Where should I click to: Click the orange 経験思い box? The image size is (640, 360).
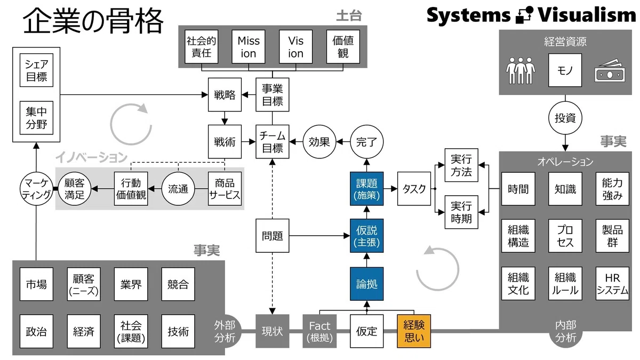(414, 331)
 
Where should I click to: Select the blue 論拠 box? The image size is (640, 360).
(366, 284)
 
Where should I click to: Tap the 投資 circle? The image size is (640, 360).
(565, 118)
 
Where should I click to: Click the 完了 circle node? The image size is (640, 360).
(366, 142)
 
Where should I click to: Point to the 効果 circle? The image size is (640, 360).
(319, 142)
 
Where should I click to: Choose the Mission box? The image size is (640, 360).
(249, 46)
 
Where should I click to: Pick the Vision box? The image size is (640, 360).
(295, 46)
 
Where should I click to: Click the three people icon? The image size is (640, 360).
(521, 70)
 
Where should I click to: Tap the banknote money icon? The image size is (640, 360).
(610, 71)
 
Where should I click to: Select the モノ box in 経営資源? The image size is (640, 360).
(565, 70)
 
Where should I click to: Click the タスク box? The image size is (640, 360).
(414, 189)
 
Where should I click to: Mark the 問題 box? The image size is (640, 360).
(273, 236)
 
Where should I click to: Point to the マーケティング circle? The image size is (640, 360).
(36, 189)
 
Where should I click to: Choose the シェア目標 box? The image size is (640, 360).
(36, 70)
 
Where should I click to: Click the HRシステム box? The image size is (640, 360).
(612, 283)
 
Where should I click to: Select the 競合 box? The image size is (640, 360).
(178, 284)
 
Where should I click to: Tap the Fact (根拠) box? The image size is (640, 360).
(319, 331)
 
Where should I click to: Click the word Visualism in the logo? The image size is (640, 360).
(587, 15)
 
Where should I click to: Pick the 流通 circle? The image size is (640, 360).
(178, 189)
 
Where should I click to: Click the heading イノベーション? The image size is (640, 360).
(91, 157)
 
